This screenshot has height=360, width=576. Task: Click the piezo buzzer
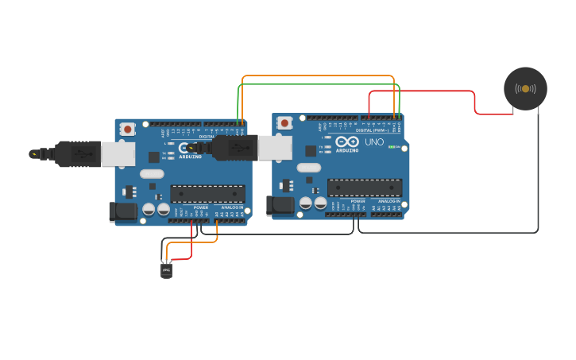coord(525,88)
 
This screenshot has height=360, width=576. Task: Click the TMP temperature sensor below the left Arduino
coord(166,270)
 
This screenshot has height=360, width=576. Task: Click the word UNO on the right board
coord(373,142)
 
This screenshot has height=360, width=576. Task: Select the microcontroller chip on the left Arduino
coord(207,193)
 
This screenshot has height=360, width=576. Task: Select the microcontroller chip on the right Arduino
coord(364,188)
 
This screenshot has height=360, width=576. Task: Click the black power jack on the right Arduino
coord(280,206)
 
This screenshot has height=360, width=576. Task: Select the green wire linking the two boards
coord(318,84)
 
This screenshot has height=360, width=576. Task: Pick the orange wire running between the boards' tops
coord(318,76)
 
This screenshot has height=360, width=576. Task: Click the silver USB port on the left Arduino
coord(118,154)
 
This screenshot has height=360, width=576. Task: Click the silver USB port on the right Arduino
coord(275,148)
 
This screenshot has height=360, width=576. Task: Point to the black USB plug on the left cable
coord(78,153)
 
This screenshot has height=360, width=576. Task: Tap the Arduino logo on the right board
coord(347,142)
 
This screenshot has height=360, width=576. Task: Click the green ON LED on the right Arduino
coord(391,147)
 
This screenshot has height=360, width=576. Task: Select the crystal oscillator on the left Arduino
coord(152,172)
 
